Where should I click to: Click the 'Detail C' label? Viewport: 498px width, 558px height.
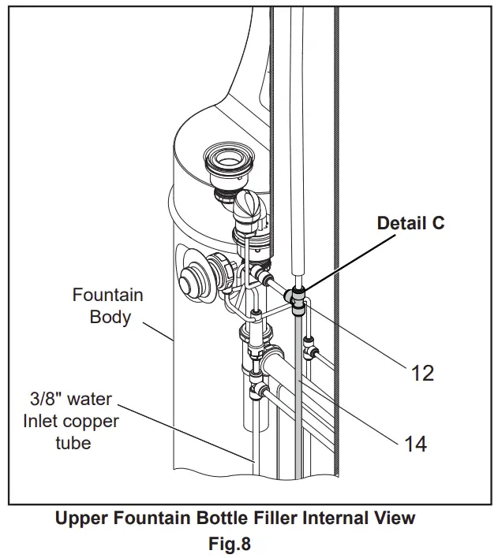410,223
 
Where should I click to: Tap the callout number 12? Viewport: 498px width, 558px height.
423,372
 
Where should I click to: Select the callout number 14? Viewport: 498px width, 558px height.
415,444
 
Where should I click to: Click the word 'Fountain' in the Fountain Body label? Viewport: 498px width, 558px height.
107,296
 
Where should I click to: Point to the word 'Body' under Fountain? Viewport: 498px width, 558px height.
108,317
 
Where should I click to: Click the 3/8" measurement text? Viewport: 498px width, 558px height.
44,399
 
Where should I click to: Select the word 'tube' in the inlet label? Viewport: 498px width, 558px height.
73,442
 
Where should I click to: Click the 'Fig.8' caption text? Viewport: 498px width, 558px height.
234,543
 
